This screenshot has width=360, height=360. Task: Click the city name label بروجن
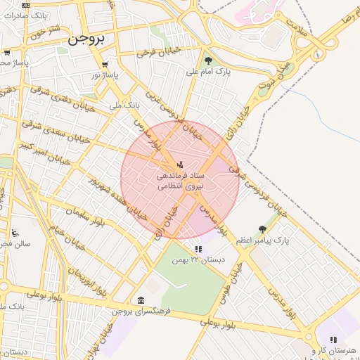[87, 40]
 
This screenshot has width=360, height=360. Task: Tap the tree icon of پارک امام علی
[208, 60]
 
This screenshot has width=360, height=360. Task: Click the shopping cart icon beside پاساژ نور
[105, 64]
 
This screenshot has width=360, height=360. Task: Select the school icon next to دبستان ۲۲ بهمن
[198, 249]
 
